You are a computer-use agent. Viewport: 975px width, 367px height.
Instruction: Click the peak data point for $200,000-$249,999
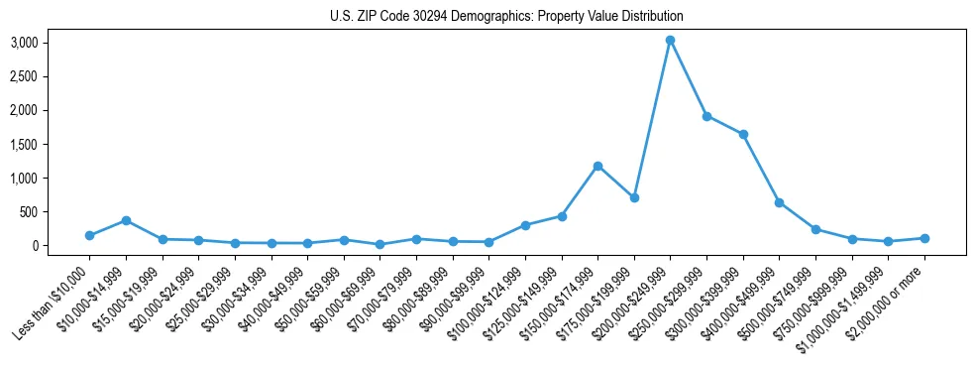click(670, 40)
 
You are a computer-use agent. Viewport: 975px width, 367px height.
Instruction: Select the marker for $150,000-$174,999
click(597, 166)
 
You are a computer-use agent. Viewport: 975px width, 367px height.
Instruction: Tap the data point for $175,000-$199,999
click(634, 197)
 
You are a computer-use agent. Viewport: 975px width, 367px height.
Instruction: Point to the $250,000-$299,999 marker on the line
click(706, 116)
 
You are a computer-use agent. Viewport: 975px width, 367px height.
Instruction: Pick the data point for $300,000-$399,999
click(743, 134)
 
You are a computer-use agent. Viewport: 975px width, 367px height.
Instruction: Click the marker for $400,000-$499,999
click(779, 202)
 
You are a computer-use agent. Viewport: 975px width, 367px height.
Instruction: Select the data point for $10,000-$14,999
click(126, 220)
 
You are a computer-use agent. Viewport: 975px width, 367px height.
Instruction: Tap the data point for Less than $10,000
click(89, 235)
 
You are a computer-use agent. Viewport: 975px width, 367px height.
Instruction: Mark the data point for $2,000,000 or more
click(924, 238)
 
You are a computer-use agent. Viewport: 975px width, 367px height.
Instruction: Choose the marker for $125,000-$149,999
click(562, 216)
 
